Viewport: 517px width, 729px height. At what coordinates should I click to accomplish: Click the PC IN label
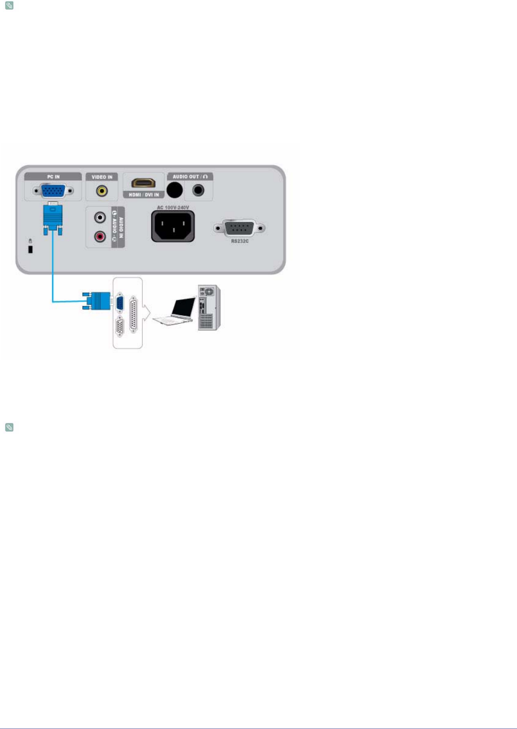[53, 177]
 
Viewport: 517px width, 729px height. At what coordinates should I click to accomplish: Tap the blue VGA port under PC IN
[53, 191]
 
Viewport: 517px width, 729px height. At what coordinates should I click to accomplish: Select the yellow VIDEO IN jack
[102, 191]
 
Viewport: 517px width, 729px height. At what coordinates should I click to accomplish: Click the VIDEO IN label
[102, 177]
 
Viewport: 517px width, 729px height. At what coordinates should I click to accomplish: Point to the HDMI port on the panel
[143, 183]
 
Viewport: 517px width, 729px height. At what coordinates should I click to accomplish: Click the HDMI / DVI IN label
[143, 195]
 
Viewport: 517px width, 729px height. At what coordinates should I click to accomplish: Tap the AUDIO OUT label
[190, 177]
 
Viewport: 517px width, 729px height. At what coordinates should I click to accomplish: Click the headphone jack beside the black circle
[198, 190]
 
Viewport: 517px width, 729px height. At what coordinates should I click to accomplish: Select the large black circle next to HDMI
[175, 190]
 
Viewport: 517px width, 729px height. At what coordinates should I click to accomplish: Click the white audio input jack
[100, 217]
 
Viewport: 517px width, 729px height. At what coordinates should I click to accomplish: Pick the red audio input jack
[100, 236]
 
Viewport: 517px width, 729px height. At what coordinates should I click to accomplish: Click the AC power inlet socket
[173, 226]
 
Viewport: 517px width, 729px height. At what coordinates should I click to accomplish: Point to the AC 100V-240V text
[173, 208]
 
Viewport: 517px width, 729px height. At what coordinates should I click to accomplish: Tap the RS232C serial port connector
[240, 228]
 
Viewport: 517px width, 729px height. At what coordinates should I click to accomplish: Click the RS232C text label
[240, 241]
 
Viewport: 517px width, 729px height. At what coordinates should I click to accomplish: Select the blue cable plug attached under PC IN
[53, 218]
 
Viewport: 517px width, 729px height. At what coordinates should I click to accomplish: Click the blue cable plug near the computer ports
[97, 301]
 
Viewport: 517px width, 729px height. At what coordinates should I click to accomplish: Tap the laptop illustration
[175, 311]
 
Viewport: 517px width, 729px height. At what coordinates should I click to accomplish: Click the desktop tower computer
[209, 308]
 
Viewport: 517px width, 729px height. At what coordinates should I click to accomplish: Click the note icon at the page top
[9, 6]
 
